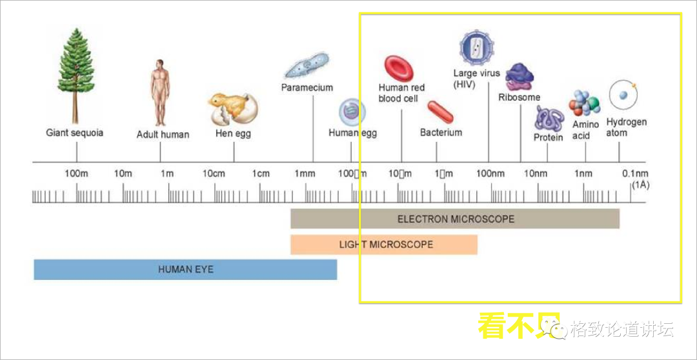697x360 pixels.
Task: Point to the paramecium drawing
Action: [x=307, y=66]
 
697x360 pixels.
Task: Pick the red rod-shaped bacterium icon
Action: [x=440, y=112]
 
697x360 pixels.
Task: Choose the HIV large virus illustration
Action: [x=476, y=47]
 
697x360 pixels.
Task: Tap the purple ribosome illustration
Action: [x=520, y=77]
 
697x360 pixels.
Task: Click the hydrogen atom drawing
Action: [x=624, y=95]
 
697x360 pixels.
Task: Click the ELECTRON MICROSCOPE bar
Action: [x=455, y=219]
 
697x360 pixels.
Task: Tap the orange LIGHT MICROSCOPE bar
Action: [x=384, y=245]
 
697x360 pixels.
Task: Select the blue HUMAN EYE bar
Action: [x=185, y=269]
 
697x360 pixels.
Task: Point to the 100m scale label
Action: [x=76, y=174]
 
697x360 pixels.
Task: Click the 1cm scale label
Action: [x=261, y=174]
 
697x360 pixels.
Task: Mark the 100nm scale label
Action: [x=490, y=174]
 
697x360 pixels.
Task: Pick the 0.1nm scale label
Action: [x=635, y=174]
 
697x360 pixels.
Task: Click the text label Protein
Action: [x=548, y=137]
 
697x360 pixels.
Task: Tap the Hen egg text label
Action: [x=233, y=134]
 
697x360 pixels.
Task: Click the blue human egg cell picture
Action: [x=352, y=112]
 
